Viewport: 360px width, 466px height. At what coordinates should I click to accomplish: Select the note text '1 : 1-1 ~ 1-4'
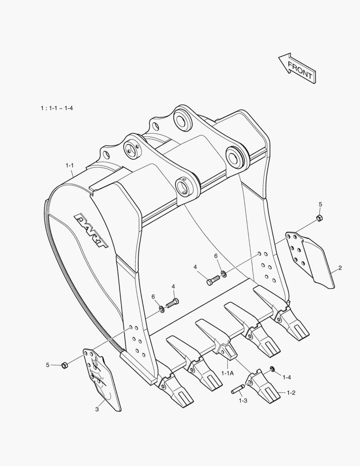click(x=56, y=108)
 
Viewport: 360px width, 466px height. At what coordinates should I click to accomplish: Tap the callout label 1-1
click(x=70, y=165)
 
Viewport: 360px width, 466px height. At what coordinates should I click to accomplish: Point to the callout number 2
click(x=340, y=268)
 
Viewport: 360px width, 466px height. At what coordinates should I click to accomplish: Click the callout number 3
click(x=97, y=409)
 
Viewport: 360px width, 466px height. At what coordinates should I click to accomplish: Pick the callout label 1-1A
click(x=228, y=373)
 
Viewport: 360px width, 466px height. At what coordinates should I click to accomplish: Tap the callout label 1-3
click(x=243, y=400)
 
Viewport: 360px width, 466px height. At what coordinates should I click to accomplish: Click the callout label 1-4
click(x=287, y=377)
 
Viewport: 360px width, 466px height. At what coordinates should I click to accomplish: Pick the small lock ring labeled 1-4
click(x=272, y=368)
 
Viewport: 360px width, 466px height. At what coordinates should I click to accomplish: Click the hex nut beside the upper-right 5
click(x=319, y=217)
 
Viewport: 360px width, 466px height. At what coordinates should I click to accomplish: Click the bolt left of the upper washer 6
click(x=213, y=281)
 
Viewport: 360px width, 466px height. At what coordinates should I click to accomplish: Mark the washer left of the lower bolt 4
click(x=161, y=308)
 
